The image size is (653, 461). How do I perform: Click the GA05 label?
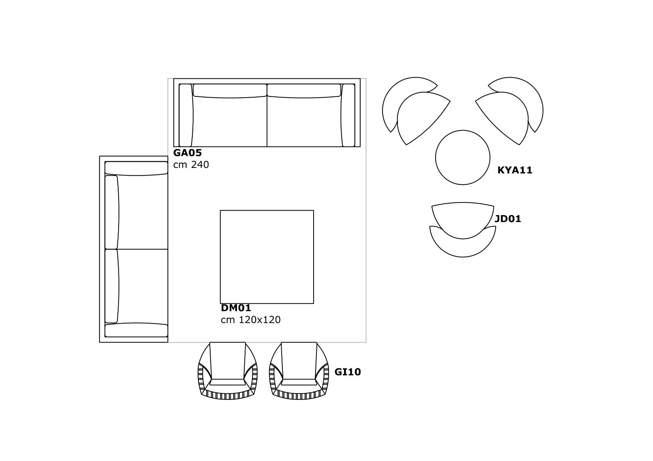coord(187,153)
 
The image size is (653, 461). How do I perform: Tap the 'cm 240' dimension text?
coord(191,165)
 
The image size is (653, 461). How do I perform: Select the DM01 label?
coord(236,308)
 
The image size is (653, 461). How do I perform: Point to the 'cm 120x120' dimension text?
coord(251,320)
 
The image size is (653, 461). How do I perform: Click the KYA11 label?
coord(515,170)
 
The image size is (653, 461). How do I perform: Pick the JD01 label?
coord(508,219)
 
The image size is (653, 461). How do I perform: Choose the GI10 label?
coord(347,372)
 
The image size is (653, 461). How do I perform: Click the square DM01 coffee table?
coord(267,257)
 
